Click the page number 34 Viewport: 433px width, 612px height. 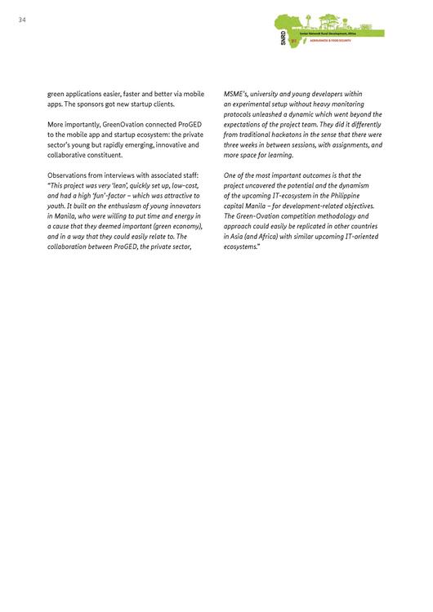point(21,20)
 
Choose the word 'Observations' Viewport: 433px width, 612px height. point(69,175)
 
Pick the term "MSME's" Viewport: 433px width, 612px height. point(236,95)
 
